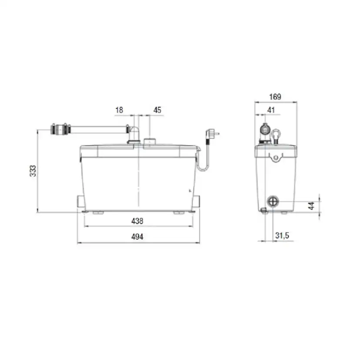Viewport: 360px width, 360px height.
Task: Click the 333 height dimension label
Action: [32, 171]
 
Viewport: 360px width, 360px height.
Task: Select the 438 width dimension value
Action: [137, 221]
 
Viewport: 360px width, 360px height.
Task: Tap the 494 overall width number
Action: [137, 237]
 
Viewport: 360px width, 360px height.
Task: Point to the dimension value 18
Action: [119, 110]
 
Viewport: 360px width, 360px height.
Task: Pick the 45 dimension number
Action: [157, 110]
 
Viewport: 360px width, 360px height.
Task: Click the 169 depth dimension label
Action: [275, 97]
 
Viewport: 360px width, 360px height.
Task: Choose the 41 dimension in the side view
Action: [271, 110]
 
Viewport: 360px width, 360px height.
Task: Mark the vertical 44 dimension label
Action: [311, 205]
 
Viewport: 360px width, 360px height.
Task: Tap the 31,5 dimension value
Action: [282, 236]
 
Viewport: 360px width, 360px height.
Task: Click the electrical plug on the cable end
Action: [213, 132]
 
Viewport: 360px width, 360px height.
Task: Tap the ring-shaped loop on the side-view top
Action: [276, 136]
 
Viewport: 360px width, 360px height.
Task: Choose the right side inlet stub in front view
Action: [197, 201]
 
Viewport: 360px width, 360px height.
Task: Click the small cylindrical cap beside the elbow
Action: [149, 141]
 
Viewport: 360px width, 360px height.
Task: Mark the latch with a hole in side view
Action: [275, 157]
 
